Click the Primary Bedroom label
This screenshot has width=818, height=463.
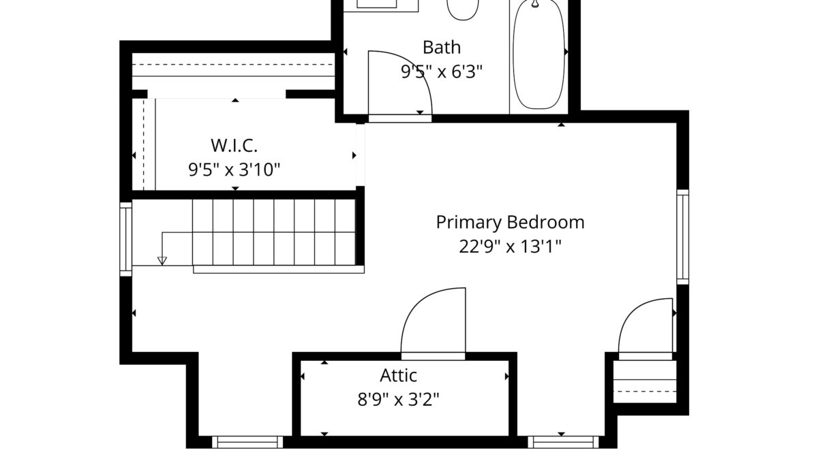pyautogui.click(x=510, y=223)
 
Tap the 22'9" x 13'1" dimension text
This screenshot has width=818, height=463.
pyautogui.click(x=510, y=246)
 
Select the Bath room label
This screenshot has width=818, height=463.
pyautogui.click(x=442, y=48)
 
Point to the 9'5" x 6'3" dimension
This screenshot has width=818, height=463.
pyautogui.click(x=442, y=71)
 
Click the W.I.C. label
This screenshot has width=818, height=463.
pyautogui.click(x=234, y=146)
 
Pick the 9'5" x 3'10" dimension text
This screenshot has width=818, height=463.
pyautogui.click(x=234, y=170)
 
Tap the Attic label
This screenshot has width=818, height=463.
pyautogui.click(x=398, y=375)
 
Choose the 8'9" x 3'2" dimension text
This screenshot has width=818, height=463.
pyautogui.click(x=398, y=400)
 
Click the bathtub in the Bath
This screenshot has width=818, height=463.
pyautogui.click(x=539, y=54)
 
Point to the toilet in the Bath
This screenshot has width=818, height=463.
pyautogui.click(x=463, y=9)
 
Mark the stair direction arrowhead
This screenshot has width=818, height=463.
pyautogui.click(x=162, y=261)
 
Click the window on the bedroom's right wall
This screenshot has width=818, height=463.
pyautogui.click(x=683, y=237)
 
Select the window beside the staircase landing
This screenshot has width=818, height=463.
pyautogui.click(x=125, y=239)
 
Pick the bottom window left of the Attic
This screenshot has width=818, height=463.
pyautogui.click(x=247, y=442)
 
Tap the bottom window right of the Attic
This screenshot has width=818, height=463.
pyautogui.click(x=564, y=442)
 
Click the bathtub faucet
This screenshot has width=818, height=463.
pyautogui.click(x=535, y=3)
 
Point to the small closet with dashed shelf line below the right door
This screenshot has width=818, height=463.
pyautogui.click(x=645, y=381)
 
